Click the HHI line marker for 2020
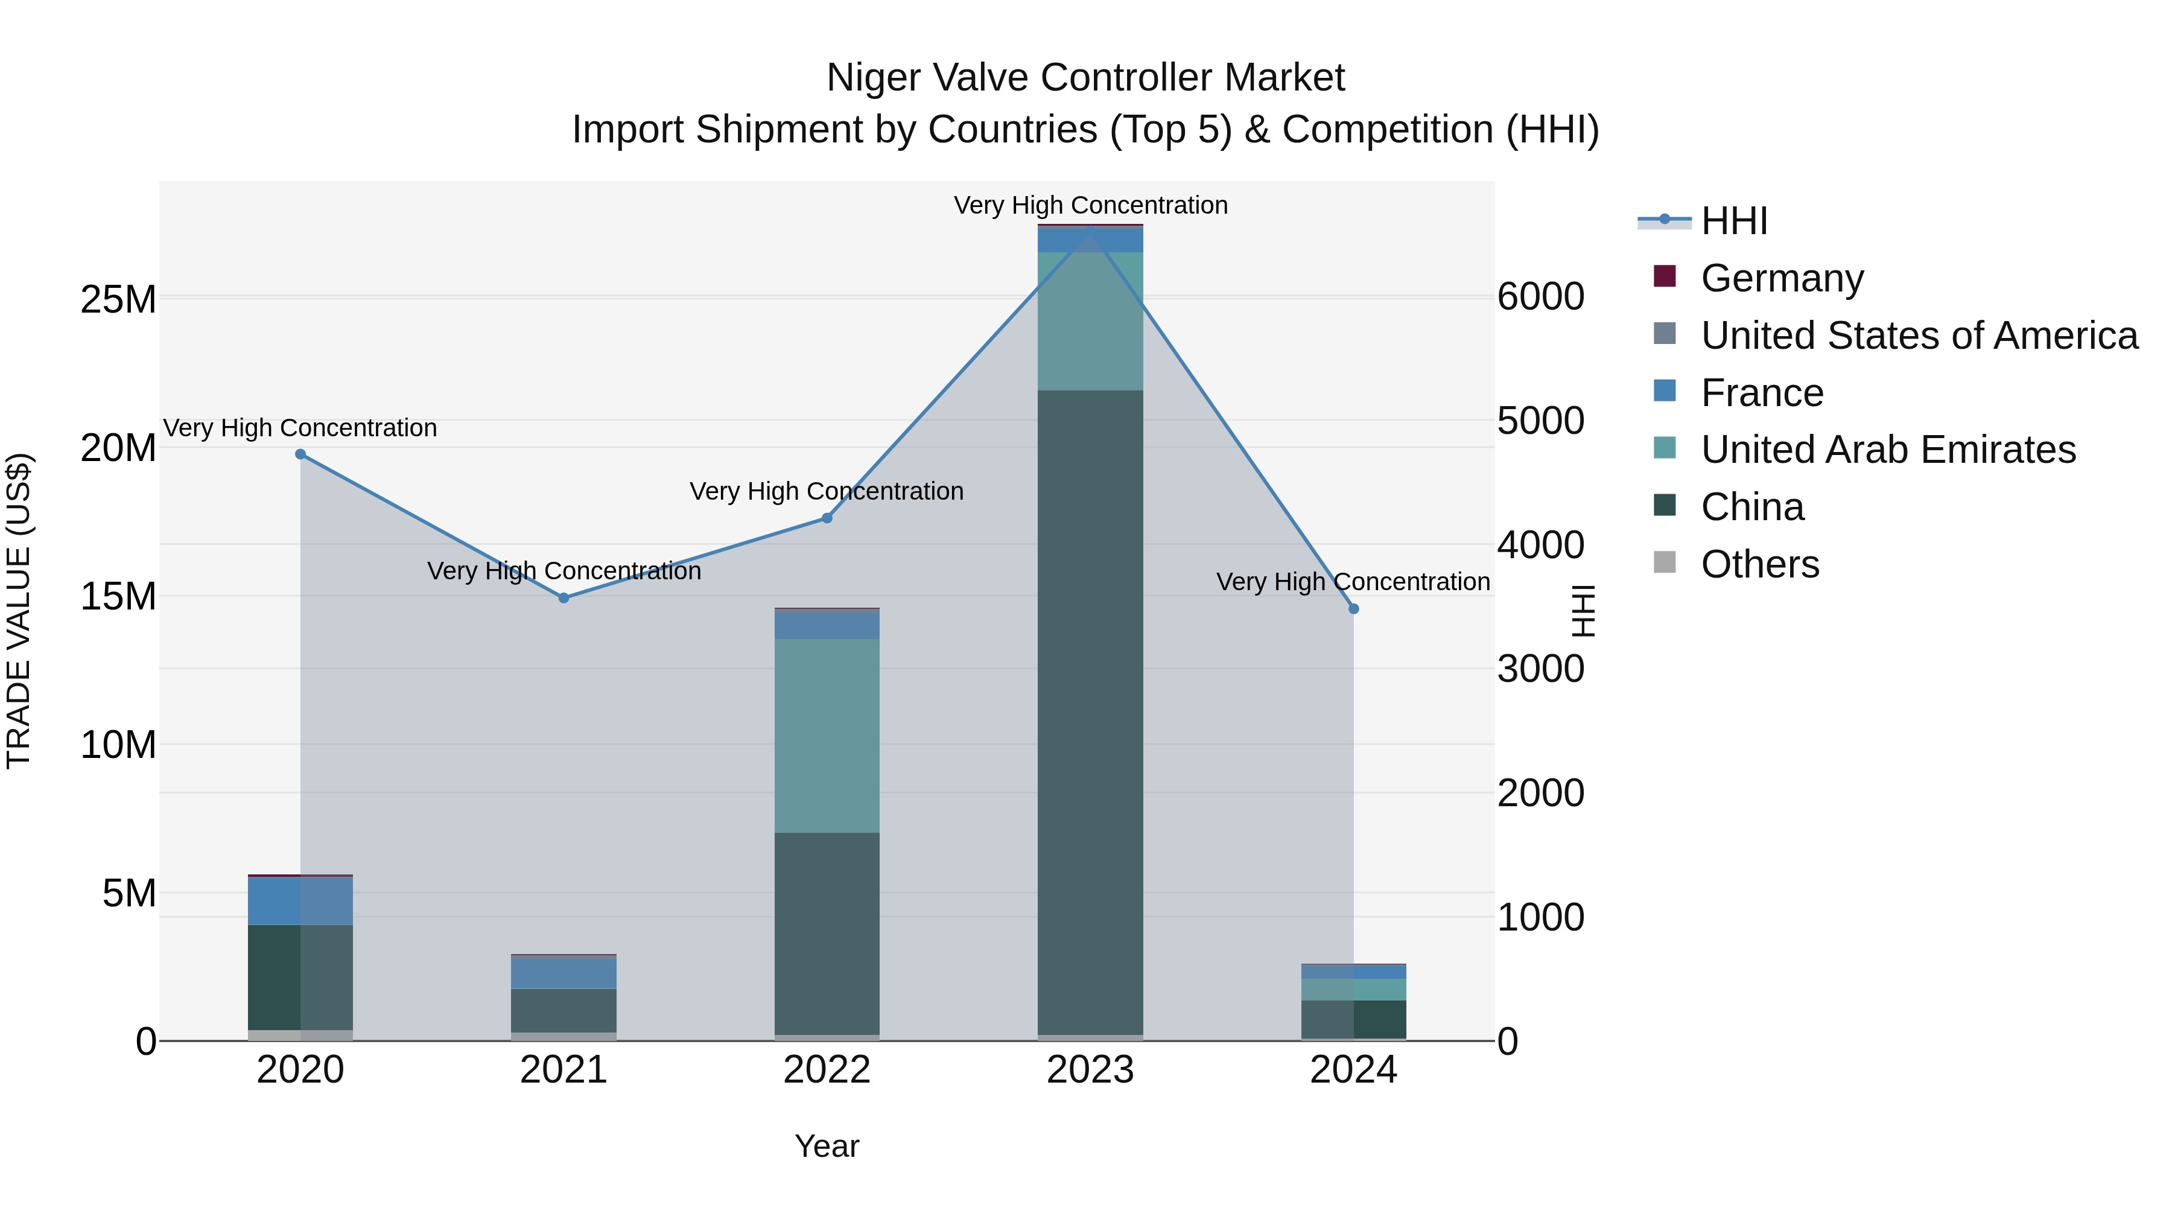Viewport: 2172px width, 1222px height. pyautogui.click(x=300, y=454)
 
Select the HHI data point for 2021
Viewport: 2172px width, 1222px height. pyautogui.click(x=564, y=598)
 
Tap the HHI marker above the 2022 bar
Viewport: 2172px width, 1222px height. pyautogui.click(x=827, y=518)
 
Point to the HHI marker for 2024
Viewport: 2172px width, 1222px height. pyautogui.click(x=1353, y=609)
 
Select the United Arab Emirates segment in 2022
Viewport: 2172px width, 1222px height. pyautogui.click(x=827, y=736)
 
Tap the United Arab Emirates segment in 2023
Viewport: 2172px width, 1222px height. pyautogui.click(x=1090, y=321)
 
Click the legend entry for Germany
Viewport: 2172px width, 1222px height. pyautogui.click(x=1782, y=278)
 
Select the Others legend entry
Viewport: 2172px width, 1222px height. pyautogui.click(x=1760, y=564)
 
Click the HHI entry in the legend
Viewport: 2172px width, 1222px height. pyautogui.click(x=1733, y=221)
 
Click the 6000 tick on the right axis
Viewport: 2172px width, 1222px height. pyautogui.click(x=1540, y=297)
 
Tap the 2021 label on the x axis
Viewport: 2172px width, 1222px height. pyautogui.click(x=564, y=1070)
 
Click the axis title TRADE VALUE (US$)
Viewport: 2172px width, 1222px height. pyautogui.click(x=19, y=611)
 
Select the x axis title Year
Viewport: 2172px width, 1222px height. pyautogui.click(x=827, y=1146)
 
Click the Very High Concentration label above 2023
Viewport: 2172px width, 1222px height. pyautogui.click(x=1090, y=205)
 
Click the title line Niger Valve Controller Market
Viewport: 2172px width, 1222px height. pyautogui.click(x=1085, y=78)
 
